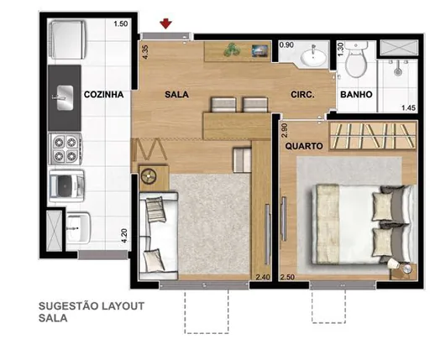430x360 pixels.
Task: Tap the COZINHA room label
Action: (104, 95)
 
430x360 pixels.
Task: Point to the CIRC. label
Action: (302, 95)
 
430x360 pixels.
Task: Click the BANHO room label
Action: (356, 95)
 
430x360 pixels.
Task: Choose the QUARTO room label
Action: (301, 144)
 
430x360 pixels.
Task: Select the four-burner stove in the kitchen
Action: (64, 149)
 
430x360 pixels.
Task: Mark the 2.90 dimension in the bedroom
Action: (285, 131)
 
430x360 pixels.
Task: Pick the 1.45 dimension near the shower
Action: (408, 107)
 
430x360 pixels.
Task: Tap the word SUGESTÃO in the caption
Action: (69, 306)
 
